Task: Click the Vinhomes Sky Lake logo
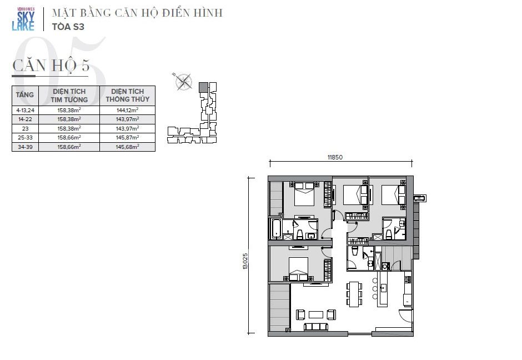click(23, 19)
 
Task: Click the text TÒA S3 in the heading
click(68, 27)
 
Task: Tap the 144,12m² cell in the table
click(127, 110)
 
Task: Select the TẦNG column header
click(25, 95)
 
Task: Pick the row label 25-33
click(25, 138)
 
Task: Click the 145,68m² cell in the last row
click(127, 147)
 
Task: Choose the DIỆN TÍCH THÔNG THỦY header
click(128, 95)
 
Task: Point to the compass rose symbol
click(183, 82)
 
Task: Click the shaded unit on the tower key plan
click(203, 87)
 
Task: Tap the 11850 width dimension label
click(335, 157)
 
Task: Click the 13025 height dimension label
click(245, 261)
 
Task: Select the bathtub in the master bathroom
click(276, 228)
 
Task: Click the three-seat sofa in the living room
click(316, 327)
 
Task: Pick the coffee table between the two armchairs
click(316, 314)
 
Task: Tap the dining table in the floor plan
click(354, 294)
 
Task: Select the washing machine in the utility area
click(385, 266)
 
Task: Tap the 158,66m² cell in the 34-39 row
click(69, 147)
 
